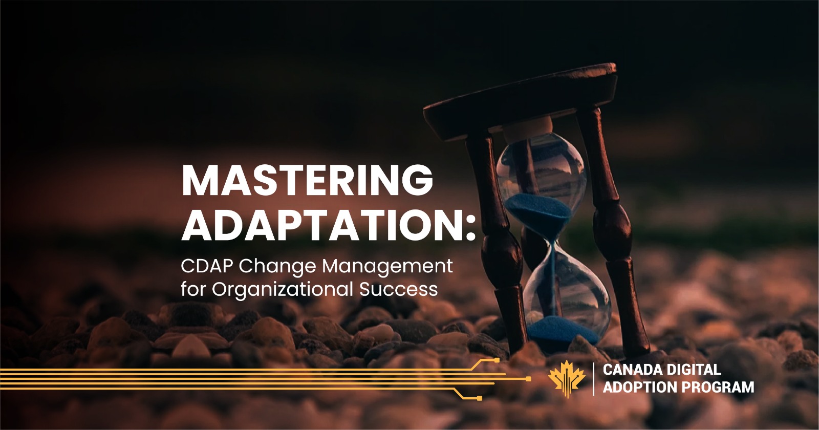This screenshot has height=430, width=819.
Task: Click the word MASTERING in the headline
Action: (x=307, y=181)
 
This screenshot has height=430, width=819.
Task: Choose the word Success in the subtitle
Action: (x=398, y=289)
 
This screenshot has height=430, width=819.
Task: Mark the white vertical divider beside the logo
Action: (x=594, y=379)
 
